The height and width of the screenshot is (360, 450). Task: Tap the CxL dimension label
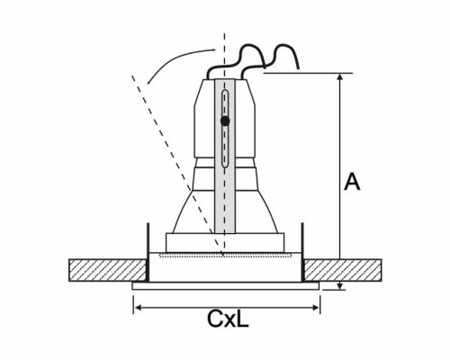[x=227, y=318]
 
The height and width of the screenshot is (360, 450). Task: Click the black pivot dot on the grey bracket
[x=224, y=119]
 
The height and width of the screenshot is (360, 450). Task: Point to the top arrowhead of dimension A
[x=340, y=77]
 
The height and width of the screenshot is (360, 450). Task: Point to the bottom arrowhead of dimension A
[x=340, y=286]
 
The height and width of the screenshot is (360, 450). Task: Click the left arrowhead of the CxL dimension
[x=137, y=306]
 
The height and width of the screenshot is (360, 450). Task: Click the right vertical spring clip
[x=304, y=240]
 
